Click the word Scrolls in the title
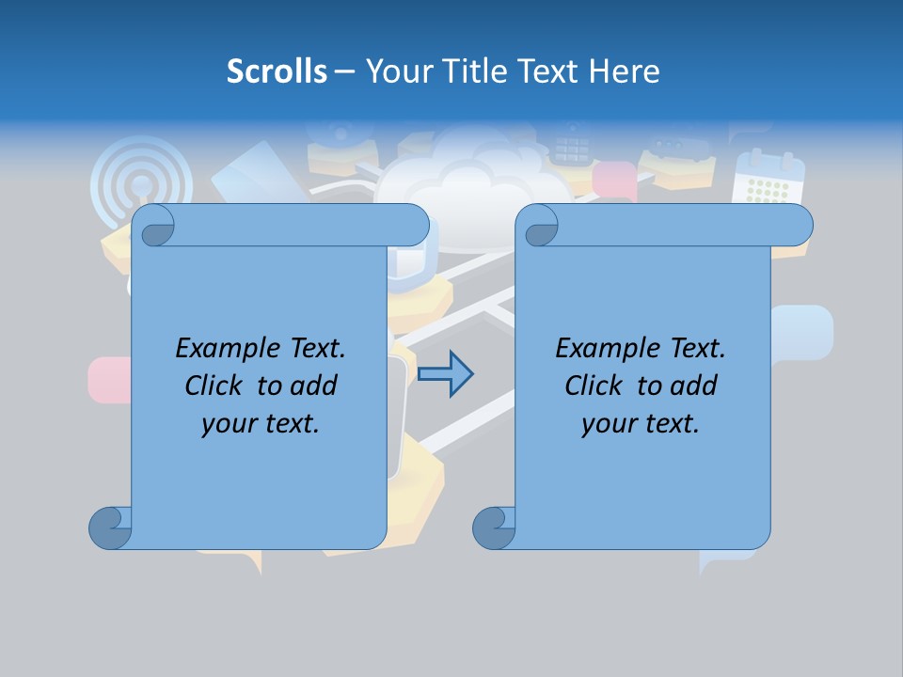[277, 71]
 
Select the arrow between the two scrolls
[445, 374]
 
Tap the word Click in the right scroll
[594, 386]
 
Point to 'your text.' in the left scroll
[261, 423]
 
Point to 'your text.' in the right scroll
[641, 423]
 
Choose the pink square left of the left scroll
[107, 380]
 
